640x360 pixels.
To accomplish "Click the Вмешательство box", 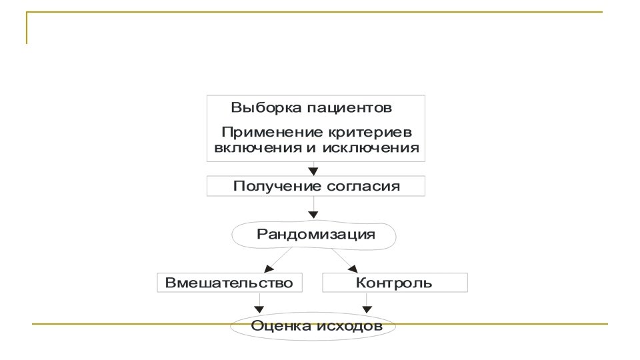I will [229, 283].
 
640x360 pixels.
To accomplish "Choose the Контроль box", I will [394, 283].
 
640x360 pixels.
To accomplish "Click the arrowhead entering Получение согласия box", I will [313, 171].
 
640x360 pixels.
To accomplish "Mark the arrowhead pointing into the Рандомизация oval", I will [313, 215].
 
